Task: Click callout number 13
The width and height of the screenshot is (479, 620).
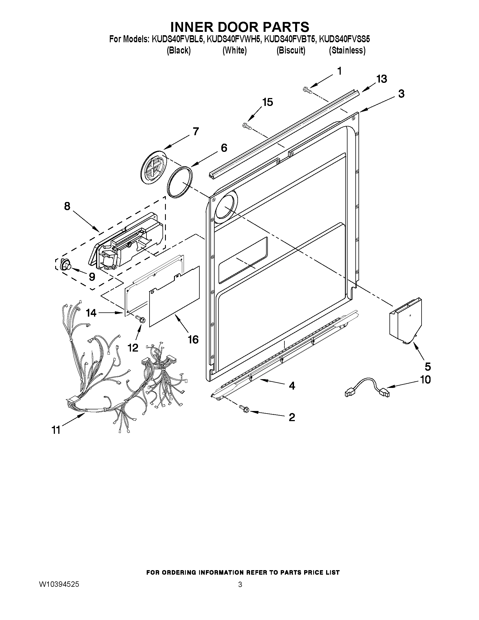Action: (382, 79)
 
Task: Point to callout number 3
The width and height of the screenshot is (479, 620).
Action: (401, 94)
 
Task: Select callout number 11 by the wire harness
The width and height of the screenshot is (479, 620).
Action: (56, 430)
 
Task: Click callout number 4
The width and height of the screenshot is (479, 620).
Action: (292, 386)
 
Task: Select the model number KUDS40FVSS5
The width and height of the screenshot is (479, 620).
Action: (344, 39)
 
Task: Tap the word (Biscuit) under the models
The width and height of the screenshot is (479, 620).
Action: (291, 50)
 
